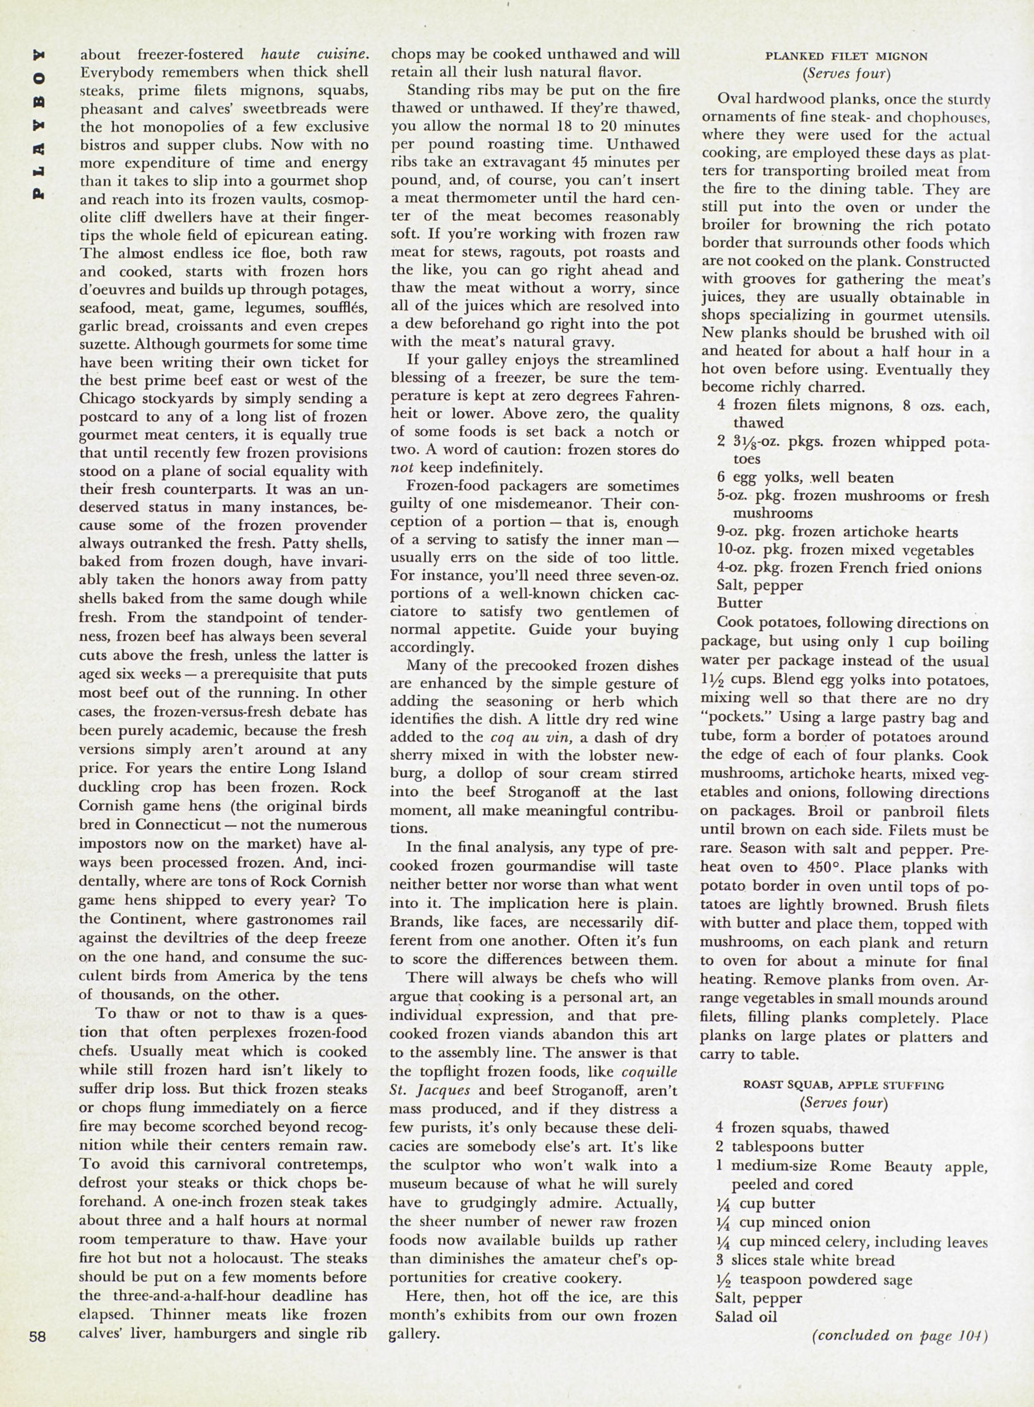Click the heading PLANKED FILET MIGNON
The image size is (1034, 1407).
click(x=846, y=56)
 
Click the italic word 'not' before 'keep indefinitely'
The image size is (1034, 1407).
click(x=402, y=468)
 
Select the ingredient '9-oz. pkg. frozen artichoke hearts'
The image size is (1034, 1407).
click(x=837, y=532)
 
